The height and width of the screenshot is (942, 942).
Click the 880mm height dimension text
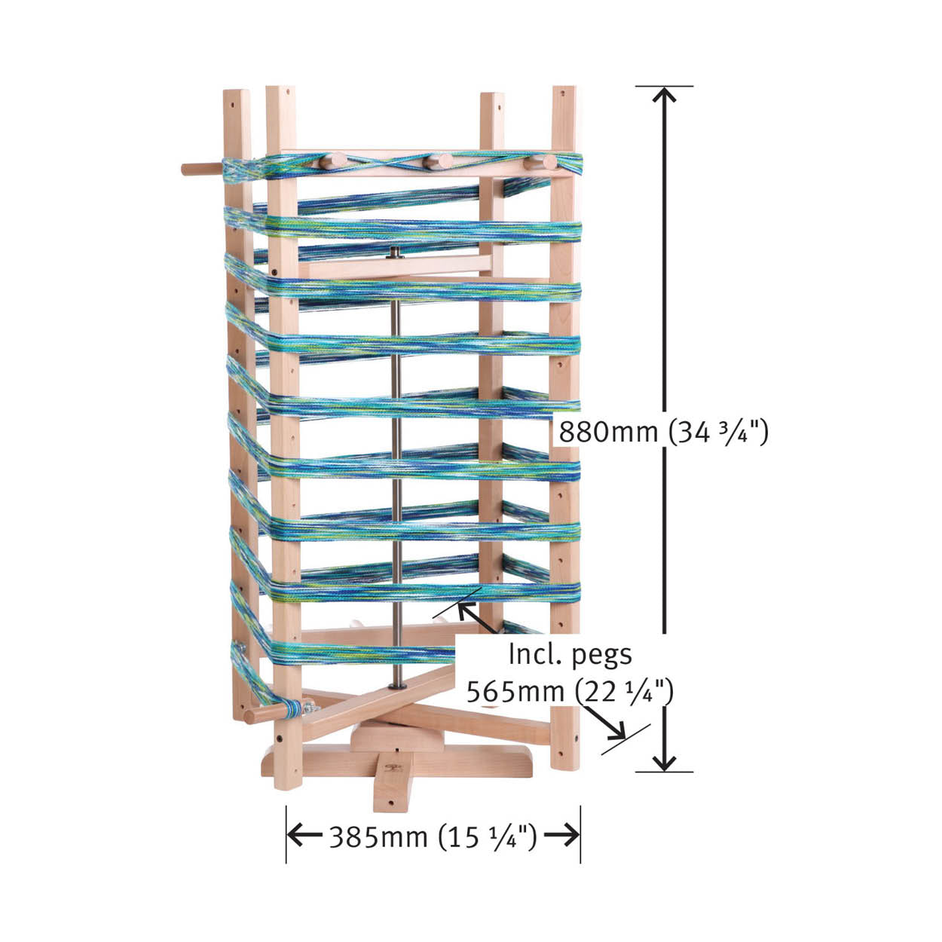click(663, 432)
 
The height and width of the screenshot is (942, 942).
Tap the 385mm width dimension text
click(433, 837)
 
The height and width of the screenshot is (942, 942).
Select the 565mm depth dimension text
click(570, 691)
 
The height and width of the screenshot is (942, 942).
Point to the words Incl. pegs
click(570, 654)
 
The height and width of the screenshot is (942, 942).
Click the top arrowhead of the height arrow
click(665, 94)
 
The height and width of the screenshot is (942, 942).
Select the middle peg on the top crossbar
click(439, 162)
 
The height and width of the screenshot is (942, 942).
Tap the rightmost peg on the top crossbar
click(543, 162)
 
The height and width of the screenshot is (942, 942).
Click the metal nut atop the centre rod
click(394, 252)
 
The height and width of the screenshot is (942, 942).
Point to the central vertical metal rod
click(396, 469)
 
